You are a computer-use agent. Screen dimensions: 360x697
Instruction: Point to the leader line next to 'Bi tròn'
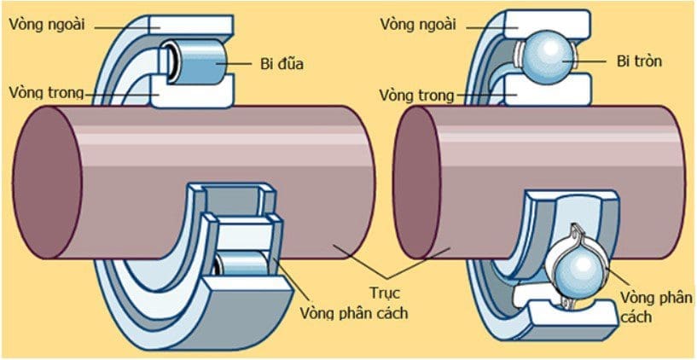pos(593,62)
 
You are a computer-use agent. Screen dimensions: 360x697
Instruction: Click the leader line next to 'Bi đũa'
pos(242,62)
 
